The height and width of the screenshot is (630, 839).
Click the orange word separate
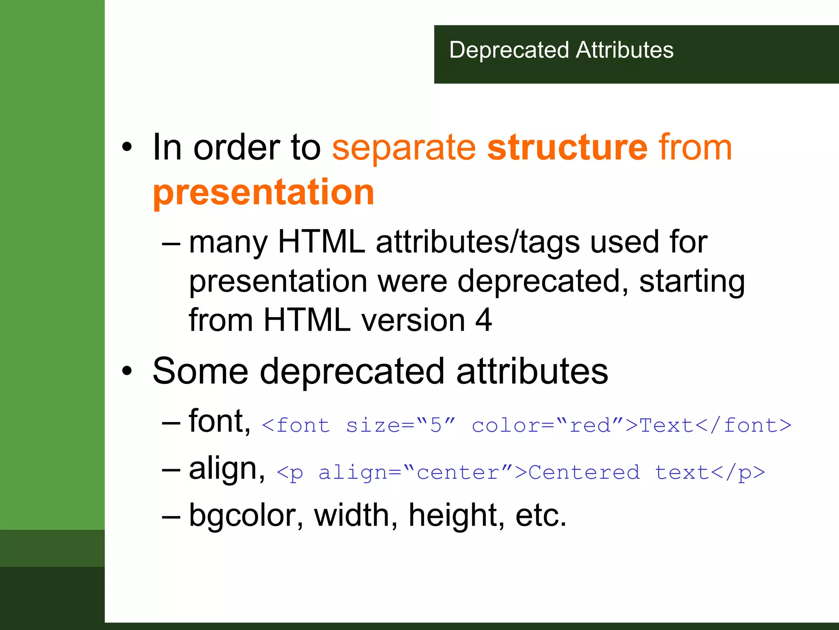[x=404, y=148]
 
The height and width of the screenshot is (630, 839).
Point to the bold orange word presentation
[x=264, y=193]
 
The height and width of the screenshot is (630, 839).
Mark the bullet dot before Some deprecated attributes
[x=127, y=371]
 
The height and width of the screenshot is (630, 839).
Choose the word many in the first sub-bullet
[x=228, y=243]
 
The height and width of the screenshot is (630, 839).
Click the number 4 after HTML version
[x=483, y=320]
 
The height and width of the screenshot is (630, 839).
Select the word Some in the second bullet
[x=200, y=371]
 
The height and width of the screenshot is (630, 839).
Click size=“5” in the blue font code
[x=401, y=425]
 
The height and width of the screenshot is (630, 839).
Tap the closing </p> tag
[x=738, y=472]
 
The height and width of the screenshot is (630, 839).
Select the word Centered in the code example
[x=584, y=472]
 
